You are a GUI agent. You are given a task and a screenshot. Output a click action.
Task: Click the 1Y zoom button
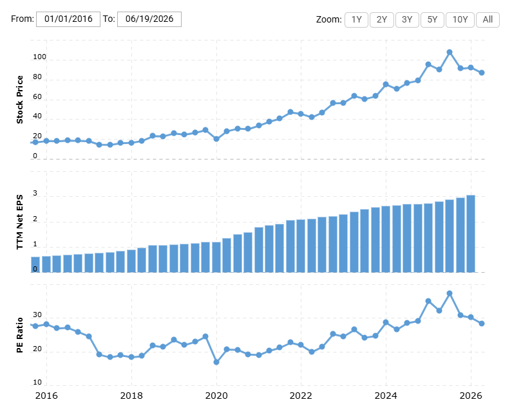(357, 20)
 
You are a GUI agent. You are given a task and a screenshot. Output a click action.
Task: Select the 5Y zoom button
(432, 20)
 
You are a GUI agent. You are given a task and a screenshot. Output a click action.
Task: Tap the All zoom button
(488, 20)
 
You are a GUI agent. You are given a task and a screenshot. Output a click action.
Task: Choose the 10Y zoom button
(460, 20)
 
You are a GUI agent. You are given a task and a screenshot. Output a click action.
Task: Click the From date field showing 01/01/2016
(68, 19)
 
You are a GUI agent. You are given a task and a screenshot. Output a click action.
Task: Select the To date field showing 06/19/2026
(149, 19)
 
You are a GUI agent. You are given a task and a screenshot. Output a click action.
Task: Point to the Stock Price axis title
(19, 100)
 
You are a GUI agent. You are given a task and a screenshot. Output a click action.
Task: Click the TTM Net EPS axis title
(19, 222)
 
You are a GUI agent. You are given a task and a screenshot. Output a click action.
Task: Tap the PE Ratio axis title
(19, 335)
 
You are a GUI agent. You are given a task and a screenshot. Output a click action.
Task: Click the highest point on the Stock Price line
(450, 52)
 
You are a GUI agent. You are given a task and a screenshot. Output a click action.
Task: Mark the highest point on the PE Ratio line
(450, 293)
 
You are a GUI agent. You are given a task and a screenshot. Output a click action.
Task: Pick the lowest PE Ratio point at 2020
(216, 362)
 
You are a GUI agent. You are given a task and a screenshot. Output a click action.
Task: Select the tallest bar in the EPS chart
(471, 233)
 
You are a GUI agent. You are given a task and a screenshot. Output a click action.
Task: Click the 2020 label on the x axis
(216, 396)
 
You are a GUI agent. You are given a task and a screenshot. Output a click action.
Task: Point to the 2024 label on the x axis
(386, 396)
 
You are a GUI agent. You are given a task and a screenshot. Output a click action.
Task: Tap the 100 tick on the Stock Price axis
(39, 57)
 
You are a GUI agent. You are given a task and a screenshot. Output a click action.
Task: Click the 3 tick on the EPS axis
(35, 194)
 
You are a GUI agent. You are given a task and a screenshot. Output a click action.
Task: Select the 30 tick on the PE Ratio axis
(37, 315)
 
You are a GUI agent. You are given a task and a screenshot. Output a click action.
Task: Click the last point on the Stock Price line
(482, 73)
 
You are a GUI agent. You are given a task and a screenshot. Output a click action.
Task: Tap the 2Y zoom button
(382, 20)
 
